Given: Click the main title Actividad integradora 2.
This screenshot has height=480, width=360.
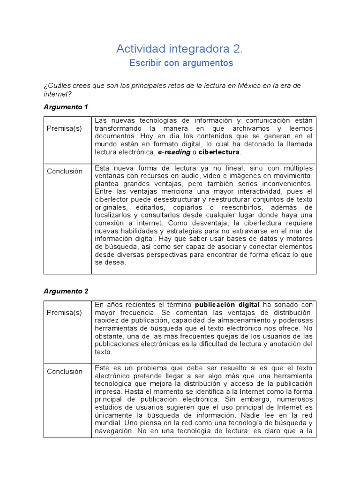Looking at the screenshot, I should point(180,48).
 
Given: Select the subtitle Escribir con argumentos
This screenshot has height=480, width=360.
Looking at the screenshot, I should point(181,63).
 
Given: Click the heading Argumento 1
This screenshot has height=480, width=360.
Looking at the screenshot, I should point(66,107).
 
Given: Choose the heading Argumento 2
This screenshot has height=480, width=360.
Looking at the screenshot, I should point(66,291).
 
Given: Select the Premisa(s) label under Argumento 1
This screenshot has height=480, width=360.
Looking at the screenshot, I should point(64,128).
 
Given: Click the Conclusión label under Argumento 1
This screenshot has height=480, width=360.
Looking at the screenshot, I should point(65,171).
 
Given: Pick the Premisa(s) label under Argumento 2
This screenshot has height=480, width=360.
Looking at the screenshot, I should point(64,313).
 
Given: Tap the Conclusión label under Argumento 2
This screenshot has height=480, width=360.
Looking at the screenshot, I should point(65,371).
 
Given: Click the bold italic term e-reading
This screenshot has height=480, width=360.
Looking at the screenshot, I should point(174,152).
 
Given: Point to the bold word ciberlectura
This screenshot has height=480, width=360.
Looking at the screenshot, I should point(219,152).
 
